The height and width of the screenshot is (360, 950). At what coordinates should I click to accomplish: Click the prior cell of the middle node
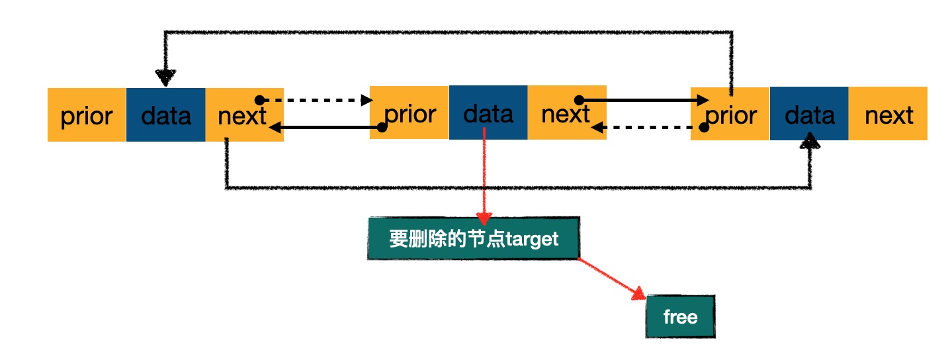pyautogui.click(x=409, y=113)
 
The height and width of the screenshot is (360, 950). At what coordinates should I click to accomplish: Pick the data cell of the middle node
pyautogui.click(x=488, y=113)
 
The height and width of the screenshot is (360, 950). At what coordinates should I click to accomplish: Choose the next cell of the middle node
pyautogui.click(x=566, y=113)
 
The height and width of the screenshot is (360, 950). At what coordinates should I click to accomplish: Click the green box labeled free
pyautogui.click(x=680, y=317)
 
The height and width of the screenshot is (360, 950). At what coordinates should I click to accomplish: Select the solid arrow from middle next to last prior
pyautogui.click(x=642, y=101)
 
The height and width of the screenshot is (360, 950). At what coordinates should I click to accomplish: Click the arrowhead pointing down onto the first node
pyautogui.click(x=165, y=78)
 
